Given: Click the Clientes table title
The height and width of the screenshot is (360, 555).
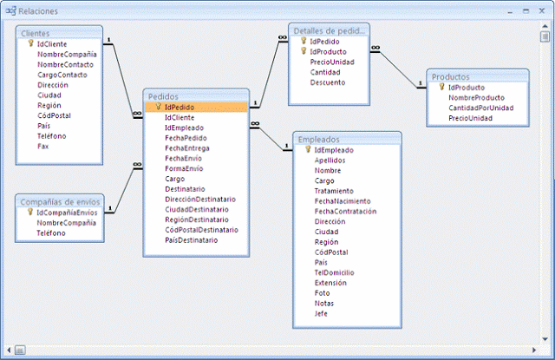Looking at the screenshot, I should click(x=36, y=33).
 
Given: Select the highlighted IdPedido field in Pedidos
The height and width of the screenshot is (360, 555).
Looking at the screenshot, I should click(x=179, y=108).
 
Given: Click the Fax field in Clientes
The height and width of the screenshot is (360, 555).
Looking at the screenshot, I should click(x=43, y=147).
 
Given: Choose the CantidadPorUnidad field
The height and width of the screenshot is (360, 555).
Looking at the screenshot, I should click(x=480, y=108).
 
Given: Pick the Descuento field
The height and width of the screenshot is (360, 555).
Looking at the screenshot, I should click(x=328, y=82).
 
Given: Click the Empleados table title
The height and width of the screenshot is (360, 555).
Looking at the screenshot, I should click(x=318, y=139).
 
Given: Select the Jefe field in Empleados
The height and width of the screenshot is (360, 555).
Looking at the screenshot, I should click(x=322, y=313).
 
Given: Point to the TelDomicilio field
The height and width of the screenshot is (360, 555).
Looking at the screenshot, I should click(x=335, y=272).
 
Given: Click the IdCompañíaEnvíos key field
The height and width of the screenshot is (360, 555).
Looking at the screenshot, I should click(x=67, y=213).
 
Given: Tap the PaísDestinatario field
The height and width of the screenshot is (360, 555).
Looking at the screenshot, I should click(x=191, y=240).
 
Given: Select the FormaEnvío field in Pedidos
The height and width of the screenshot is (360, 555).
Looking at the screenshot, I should click(x=184, y=168).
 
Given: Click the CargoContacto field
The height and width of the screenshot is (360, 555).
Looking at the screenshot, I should click(x=63, y=75).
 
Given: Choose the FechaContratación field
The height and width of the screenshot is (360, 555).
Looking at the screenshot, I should click(x=345, y=211).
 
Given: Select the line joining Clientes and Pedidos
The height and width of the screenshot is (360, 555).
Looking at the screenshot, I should click(x=122, y=77).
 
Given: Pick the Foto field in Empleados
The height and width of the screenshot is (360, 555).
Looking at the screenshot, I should click(x=322, y=292).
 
